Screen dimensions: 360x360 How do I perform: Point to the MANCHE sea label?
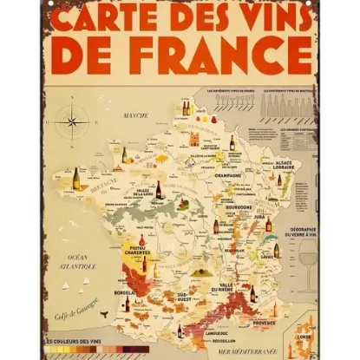click(x=134, y=115)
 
